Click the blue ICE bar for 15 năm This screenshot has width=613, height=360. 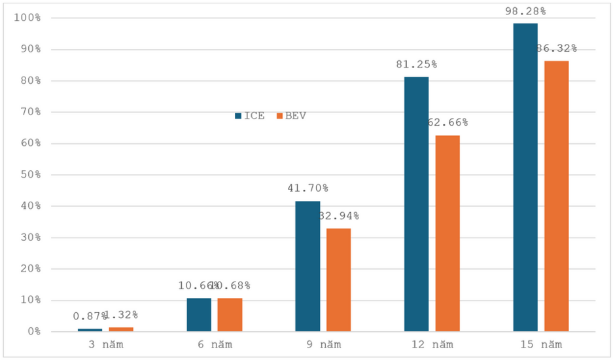(525, 177)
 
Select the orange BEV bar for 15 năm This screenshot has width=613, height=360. (556, 196)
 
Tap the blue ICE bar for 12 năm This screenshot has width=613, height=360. (416, 204)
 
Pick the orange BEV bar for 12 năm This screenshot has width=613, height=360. (447, 233)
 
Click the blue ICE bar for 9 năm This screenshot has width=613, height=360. (307, 266)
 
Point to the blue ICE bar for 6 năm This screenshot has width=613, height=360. (199, 315)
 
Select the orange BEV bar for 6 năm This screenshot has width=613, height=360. (230, 315)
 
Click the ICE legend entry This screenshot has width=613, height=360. (250, 116)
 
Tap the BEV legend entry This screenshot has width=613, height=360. (291, 116)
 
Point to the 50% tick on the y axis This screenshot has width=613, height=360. (29, 175)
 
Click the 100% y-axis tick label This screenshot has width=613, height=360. (26, 18)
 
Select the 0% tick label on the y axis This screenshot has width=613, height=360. (31, 331)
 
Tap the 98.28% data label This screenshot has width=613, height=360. (525, 11)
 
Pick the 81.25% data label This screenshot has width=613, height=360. (416, 64)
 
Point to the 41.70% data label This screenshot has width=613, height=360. (307, 189)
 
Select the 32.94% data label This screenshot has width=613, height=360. (338, 216)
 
